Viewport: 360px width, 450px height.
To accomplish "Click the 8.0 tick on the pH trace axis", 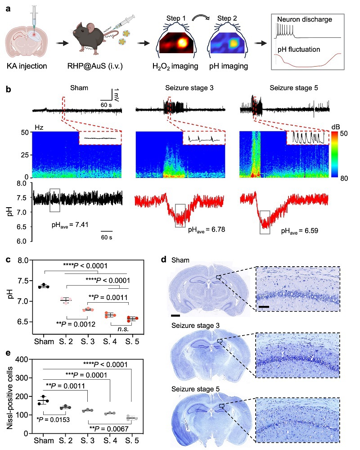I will click(x=21, y=183).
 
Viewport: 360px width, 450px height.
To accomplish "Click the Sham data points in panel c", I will click(x=44, y=286).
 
